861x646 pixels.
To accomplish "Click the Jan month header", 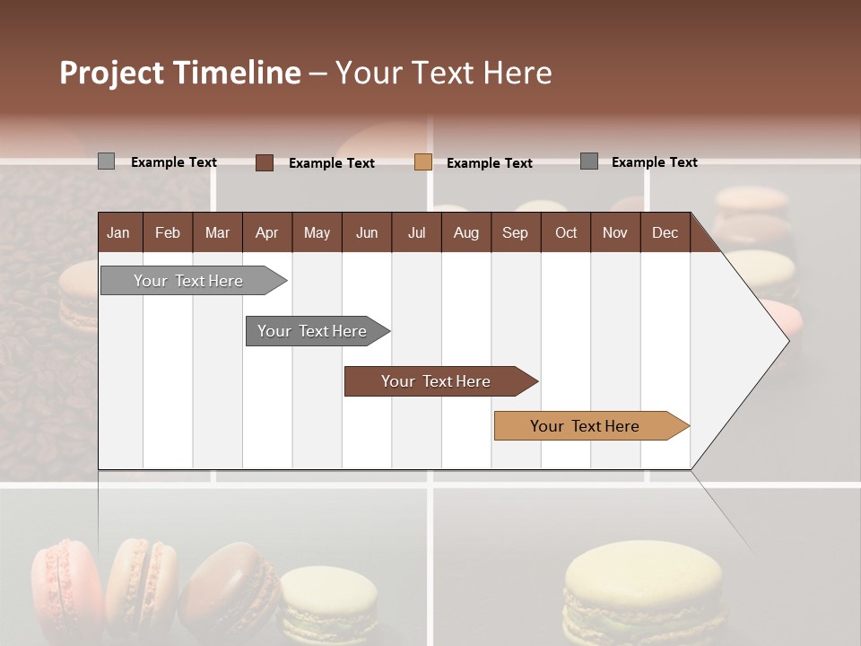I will tap(118, 232).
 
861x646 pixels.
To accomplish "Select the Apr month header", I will tap(266, 232).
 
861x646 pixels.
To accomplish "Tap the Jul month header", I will tap(416, 232).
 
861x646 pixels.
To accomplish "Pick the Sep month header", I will tap(515, 232).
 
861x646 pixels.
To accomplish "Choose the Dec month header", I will tap(665, 232).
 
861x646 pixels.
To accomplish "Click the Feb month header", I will tap(168, 232).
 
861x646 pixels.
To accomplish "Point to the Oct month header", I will tap(566, 232).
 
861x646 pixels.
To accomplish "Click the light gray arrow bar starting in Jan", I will tap(188, 281).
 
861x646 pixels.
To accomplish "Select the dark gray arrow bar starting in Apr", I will tap(312, 331).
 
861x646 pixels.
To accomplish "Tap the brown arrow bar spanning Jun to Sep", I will tap(436, 381).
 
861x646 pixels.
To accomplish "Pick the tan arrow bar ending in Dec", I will tap(585, 426).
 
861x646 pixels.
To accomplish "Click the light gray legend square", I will tap(107, 161).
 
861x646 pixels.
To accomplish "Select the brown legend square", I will tap(265, 162).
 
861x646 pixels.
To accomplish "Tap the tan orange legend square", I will tap(423, 162).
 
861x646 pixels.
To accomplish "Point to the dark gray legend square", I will tap(589, 161).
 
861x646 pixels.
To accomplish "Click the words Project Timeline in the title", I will tap(179, 73).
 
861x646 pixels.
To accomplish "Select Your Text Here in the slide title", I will tap(443, 73).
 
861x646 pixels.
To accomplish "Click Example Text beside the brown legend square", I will tap(331, 163).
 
